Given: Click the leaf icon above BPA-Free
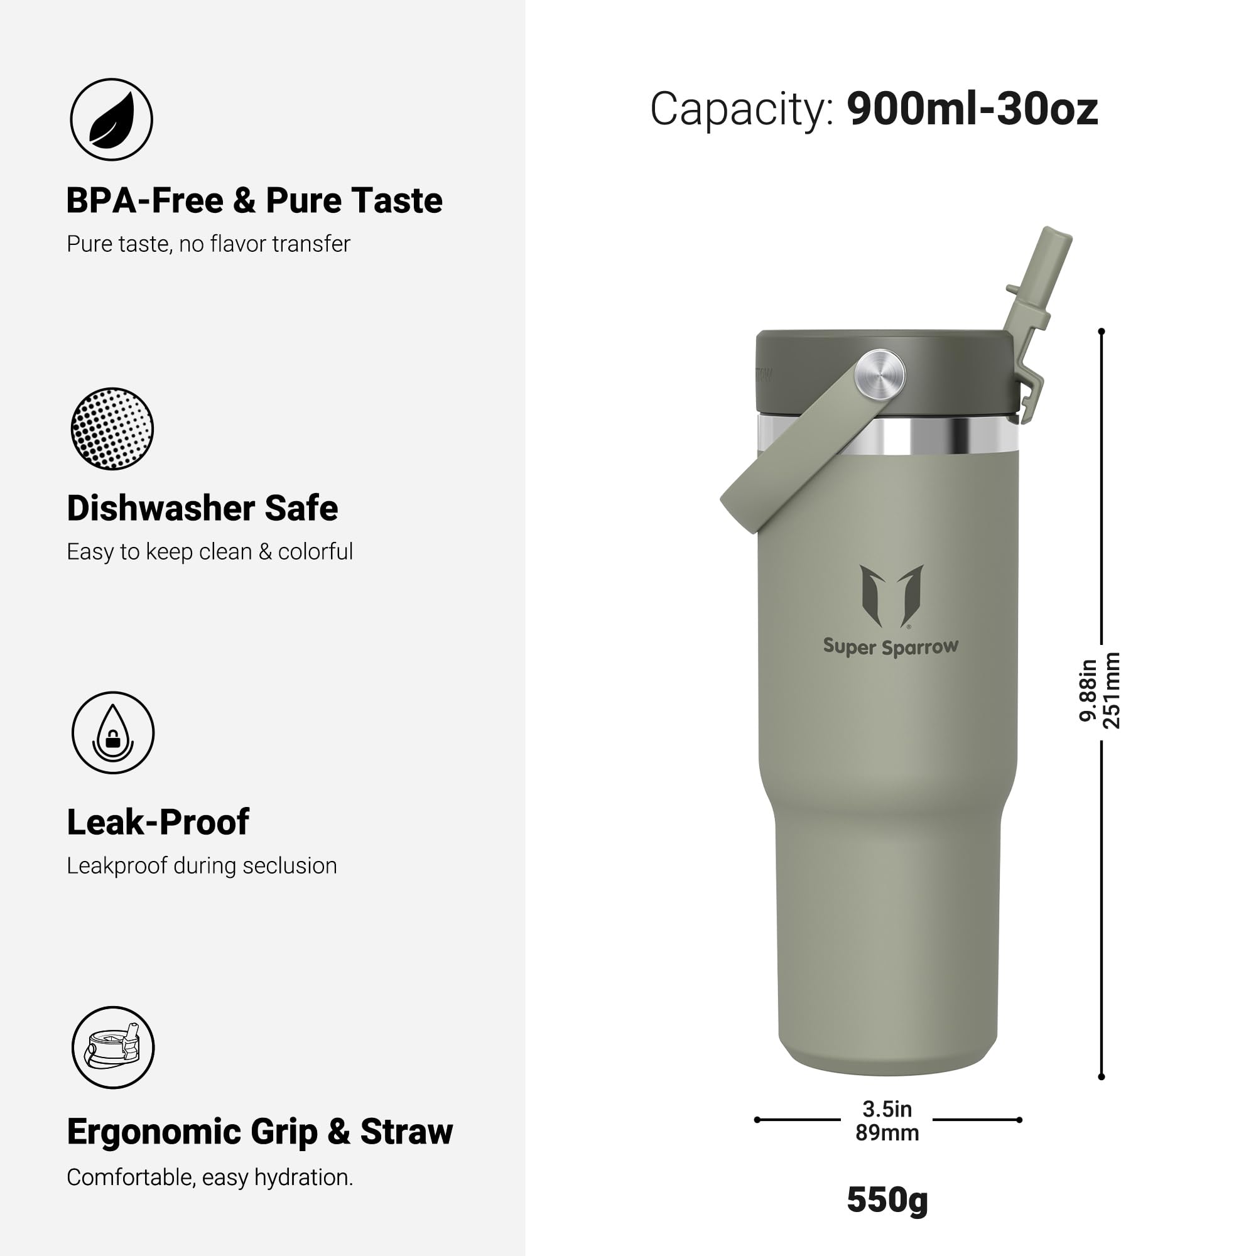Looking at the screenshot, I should [111, 119].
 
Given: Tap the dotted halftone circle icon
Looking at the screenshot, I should [112, 429].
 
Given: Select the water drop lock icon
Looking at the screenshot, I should [113, 733].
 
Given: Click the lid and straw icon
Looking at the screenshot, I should [113, 1048].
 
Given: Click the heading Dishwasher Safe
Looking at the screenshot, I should [202, 509].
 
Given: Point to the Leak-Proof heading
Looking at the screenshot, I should [158, 823].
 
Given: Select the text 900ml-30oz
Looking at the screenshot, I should [972, 109].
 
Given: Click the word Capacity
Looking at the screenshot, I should [741, 109].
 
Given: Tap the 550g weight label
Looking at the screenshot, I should [887, 1199].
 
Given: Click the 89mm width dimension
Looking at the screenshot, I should [887, 1133].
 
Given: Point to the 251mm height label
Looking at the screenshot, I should [1112, 690].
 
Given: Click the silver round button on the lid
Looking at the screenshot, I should [880, 373].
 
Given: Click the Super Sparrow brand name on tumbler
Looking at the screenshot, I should [891, 647].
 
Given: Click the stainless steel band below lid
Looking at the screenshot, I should [943, 435].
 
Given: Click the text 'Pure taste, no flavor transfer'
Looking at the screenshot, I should [208, 244].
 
